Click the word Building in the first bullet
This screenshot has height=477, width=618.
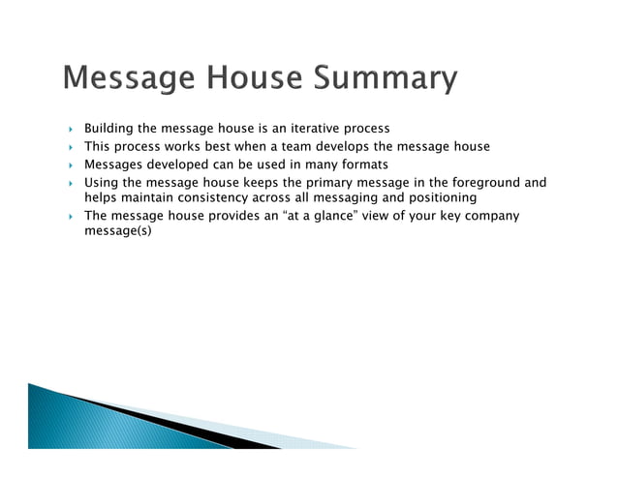click(x=109, y=129)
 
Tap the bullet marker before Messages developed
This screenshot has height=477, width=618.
click(x=70, y=164)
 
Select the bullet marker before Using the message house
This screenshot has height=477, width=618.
click(x=70, y=182)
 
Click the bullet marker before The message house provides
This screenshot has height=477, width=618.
click(x=70, y=217)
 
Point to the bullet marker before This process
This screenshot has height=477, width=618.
click(x=70, y=147)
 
